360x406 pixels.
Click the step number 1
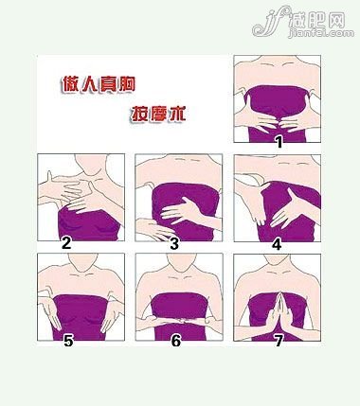click(x=279, y=141)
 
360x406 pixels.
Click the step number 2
click(x=66, y=242)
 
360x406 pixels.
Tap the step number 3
click(x=174, y=243)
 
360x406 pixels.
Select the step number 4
click(x=277, y=243)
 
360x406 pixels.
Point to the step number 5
click(x=67, y=342)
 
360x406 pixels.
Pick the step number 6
click(x=175, y=342)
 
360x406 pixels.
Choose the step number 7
click(x=277, y=342)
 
